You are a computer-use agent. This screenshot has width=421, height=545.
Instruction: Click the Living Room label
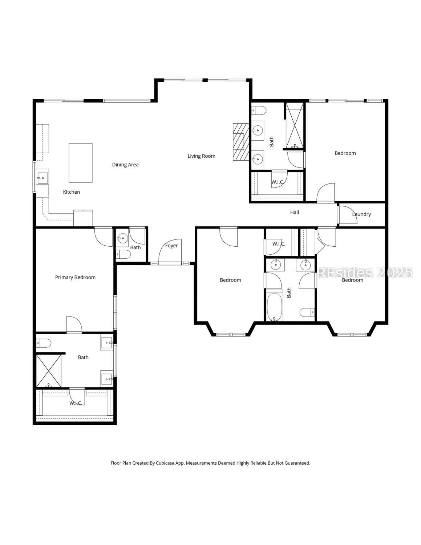[x=201, y=156]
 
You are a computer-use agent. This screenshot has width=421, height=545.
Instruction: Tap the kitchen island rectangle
[x=81, y=163]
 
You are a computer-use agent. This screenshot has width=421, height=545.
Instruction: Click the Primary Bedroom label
[x=75, y=277]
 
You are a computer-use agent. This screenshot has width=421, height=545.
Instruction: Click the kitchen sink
[x=42, y=178]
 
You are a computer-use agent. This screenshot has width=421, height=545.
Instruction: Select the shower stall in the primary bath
[x=49, y=371]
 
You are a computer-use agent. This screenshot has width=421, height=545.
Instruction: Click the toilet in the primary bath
[x=43, y=343]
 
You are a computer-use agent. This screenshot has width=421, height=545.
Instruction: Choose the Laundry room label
[x=361, y=214]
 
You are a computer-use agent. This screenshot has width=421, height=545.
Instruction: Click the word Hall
[x=294, y=212]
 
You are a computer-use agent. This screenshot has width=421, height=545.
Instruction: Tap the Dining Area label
[x=125, y=165]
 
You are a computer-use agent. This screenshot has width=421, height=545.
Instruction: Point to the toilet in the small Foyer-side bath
[x=123, y=254]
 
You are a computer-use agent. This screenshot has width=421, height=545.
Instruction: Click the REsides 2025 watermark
[x=365, y=272]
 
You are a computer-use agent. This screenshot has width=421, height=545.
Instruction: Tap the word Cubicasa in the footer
[x=165, y=463]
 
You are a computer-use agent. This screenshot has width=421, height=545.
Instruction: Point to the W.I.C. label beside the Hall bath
[x=279, y=244]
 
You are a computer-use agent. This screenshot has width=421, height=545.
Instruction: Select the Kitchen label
[x=72, y=192]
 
